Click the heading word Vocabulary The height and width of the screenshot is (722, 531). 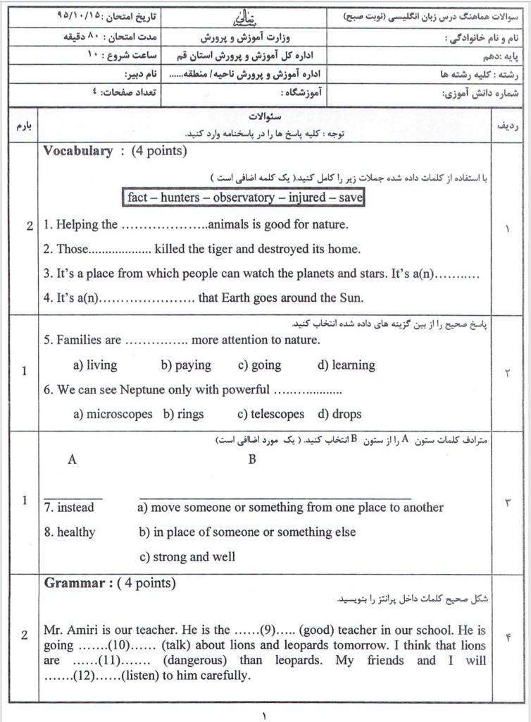[77, 151]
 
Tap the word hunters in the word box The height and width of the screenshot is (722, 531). [180, 197]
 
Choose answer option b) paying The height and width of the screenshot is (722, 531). [186, 365]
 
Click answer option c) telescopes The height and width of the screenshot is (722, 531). [271, 414]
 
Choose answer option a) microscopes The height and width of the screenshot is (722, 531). [113, 414]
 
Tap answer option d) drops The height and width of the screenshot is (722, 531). [339, 414]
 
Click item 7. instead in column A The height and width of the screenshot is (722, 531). [69, 508]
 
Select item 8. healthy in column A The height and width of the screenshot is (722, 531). [69, 532]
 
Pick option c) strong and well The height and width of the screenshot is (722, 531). [187, 556]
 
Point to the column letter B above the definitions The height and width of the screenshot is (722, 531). [252, 460]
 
